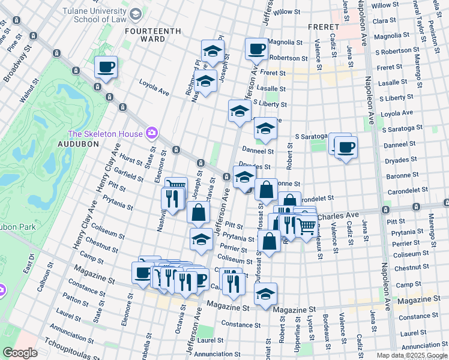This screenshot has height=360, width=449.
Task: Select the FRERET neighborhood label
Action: tap(324, 27)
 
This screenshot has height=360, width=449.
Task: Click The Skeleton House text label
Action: tap(106, 133)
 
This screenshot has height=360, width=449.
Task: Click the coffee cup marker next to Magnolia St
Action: tap(256, 48)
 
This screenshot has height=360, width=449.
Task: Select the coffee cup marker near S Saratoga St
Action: tap(345, 146)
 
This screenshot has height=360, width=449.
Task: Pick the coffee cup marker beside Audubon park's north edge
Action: tap(106, 67)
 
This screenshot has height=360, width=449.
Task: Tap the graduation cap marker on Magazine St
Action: tap(265, 294)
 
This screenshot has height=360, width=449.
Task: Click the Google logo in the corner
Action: tap(20, 353)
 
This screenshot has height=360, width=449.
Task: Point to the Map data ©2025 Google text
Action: tap(411, 355)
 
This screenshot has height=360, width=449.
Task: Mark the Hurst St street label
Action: tap(131, 158)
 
